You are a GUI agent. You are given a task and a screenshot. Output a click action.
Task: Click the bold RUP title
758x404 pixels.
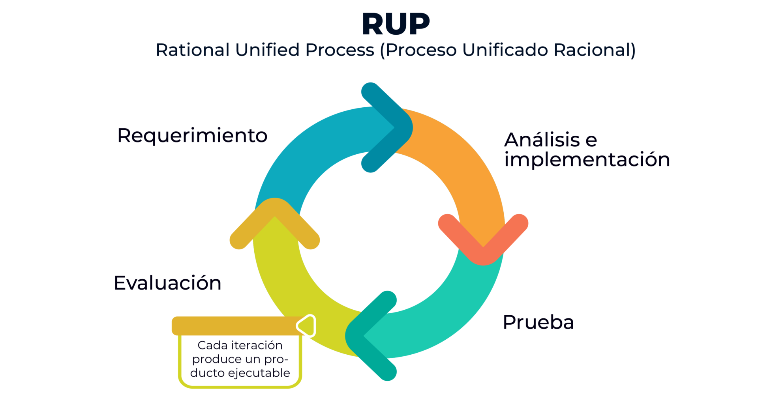click(x=396, y=24)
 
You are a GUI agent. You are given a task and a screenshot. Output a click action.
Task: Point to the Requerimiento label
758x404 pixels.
click(x=192, y=136)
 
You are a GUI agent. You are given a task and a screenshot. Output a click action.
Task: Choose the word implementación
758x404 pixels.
click(x=587, y=160)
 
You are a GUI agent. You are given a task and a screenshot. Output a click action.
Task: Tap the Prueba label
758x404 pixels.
click(x=538, y=322)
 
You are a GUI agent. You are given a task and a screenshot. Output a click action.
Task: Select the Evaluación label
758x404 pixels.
click(x=167, y=283)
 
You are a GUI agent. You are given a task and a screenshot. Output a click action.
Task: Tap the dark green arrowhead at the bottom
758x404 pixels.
click(x=367, y=336)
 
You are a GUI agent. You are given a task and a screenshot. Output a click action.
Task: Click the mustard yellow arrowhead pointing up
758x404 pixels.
click(x=275, y=221)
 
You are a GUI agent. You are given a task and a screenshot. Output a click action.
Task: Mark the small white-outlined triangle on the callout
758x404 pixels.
click(x=307, y=325)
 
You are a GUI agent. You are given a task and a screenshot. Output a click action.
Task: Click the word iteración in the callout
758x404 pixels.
click(x=257, y=345)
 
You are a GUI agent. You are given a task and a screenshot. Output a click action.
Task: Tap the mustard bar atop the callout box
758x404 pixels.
click(x=233, y=326)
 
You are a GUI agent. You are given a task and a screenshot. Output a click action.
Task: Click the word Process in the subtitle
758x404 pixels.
click(x=340, y=50)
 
